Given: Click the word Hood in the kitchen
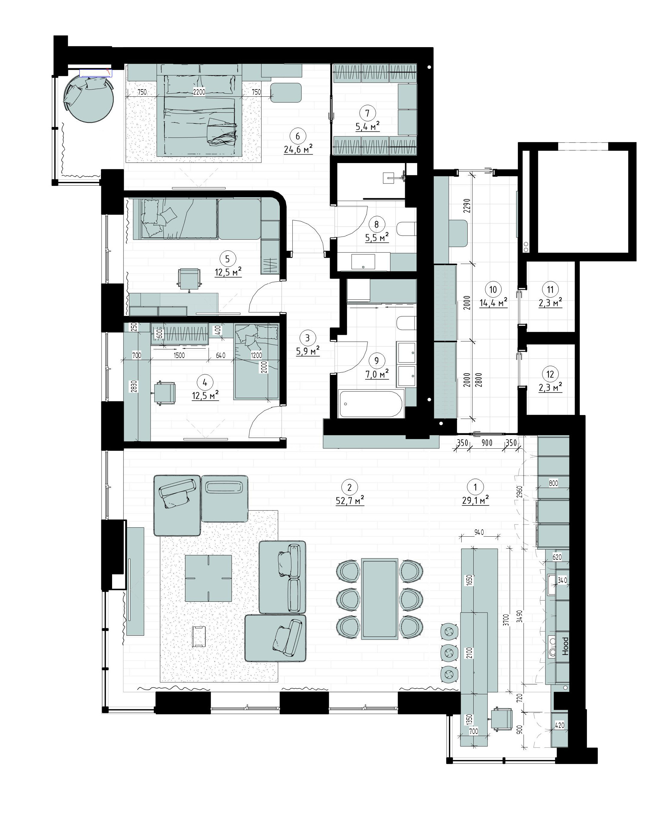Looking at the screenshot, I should [566, 646].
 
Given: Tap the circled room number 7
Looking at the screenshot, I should [367, 113].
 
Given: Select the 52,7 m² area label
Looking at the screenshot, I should [350, 501].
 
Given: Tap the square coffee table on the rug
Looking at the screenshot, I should [208, 578].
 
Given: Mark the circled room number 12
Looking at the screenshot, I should [550, 374].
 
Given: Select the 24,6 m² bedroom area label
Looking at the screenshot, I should [298, 149].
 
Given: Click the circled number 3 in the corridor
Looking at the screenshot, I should [308, 338].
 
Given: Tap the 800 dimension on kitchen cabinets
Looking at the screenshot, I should [554, 483].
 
